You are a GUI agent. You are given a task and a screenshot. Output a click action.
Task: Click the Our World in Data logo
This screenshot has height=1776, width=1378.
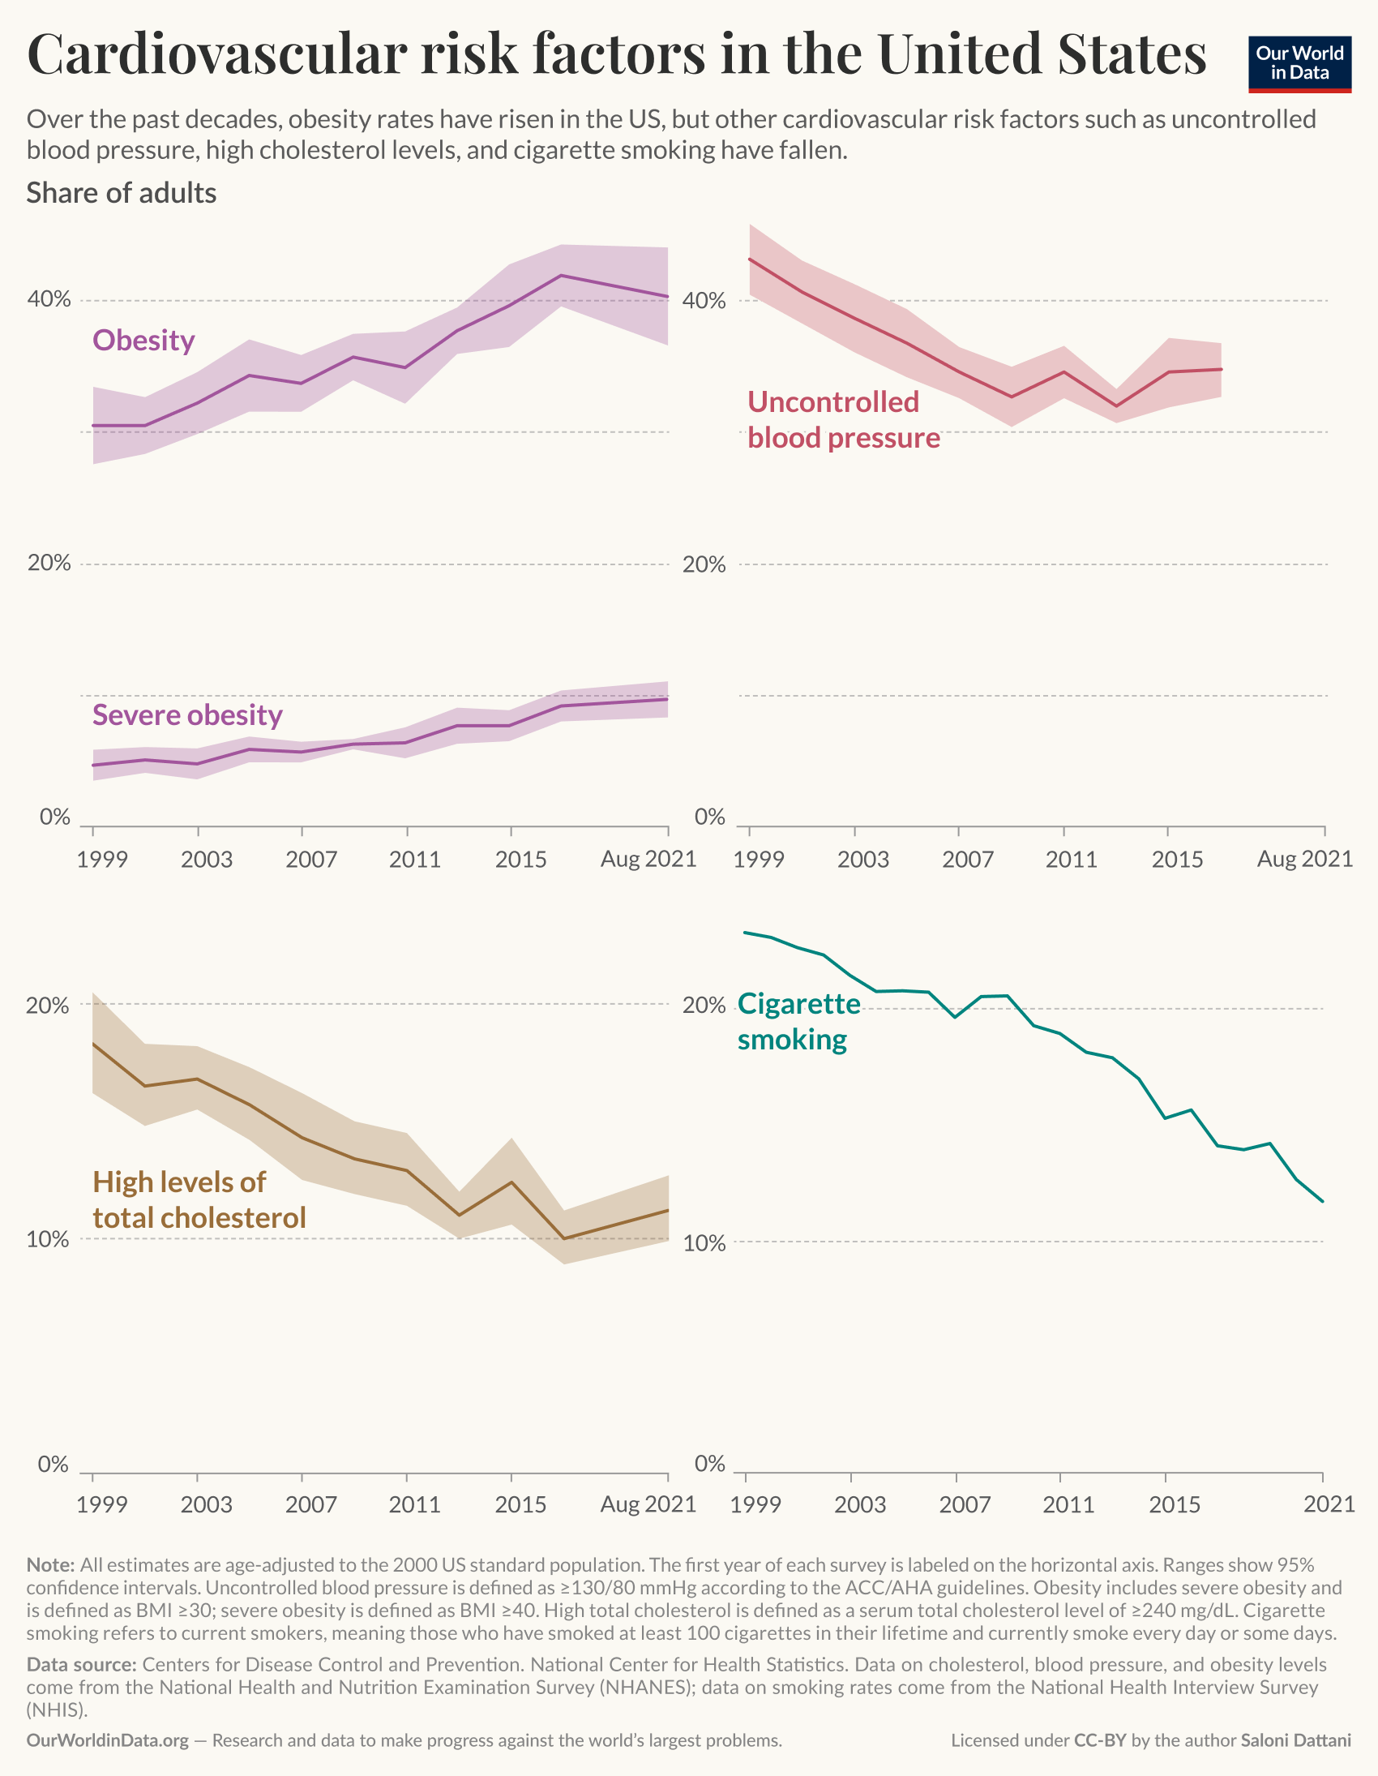point(1299,63)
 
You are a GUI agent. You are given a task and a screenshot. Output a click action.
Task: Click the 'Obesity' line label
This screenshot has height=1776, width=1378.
point(143,340)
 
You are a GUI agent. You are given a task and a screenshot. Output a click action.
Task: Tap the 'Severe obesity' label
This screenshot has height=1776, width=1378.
point(187,714)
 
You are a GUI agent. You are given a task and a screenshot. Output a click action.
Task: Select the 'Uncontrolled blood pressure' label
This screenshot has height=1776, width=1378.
point(842,419)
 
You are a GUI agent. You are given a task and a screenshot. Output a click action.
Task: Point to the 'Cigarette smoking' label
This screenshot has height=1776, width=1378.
point(798,1021)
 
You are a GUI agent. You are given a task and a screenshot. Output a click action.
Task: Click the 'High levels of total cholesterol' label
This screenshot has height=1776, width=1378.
point(199,1199)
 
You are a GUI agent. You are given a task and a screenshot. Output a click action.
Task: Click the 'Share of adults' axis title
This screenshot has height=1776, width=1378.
point(121,193)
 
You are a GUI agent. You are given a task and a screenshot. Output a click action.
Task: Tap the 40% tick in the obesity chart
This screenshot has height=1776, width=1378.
point(49,299)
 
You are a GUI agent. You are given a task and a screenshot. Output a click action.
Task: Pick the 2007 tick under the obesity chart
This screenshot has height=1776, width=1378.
point(310,859)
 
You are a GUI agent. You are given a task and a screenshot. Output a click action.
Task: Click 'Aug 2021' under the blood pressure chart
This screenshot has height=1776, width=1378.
point(1304,859)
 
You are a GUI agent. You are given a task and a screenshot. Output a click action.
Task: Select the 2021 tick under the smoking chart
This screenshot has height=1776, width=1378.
point(1329,1504)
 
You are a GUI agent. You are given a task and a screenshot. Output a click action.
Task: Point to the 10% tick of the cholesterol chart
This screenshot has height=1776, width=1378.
point(47,1239)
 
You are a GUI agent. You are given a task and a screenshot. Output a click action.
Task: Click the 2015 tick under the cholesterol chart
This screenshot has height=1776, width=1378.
point(520,1504)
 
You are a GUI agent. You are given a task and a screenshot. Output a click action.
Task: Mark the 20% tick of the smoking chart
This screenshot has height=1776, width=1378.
point(704,1006)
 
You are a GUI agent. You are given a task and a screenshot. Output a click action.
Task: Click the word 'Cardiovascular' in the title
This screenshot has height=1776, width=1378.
point(217,54)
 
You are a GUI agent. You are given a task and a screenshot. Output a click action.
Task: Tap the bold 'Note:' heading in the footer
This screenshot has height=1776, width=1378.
point(50,1565)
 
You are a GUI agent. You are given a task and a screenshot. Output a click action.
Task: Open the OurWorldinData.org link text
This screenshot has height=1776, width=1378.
point(107,1740)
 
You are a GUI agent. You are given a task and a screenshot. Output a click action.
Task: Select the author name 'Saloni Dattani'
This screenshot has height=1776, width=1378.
point(1295,1740)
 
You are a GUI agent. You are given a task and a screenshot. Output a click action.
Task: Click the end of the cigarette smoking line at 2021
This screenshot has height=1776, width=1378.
point(1323,1201)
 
